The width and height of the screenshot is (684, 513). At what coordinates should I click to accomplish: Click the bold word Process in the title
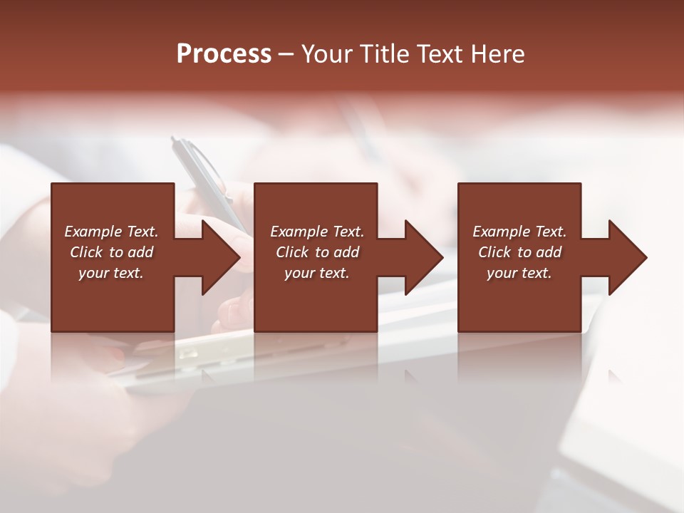coord(224,54)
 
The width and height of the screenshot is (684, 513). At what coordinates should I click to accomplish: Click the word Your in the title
coord(328,54)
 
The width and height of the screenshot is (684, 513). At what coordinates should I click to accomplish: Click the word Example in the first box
coord(93,232)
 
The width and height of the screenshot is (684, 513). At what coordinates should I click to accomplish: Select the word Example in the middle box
coord(299,232)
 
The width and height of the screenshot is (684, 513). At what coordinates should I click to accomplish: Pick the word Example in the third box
coord(501,232)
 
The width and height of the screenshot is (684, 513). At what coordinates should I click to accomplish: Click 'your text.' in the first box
coord(111,273)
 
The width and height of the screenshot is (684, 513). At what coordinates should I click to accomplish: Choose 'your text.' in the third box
coord(519,273)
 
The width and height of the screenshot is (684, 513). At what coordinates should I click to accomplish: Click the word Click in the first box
coord(86,252)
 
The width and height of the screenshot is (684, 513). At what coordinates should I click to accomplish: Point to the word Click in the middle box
coord(292,252)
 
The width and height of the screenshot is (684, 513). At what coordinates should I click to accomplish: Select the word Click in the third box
coord(494,252)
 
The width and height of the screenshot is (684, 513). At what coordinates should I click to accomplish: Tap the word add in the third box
coord(549,252)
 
